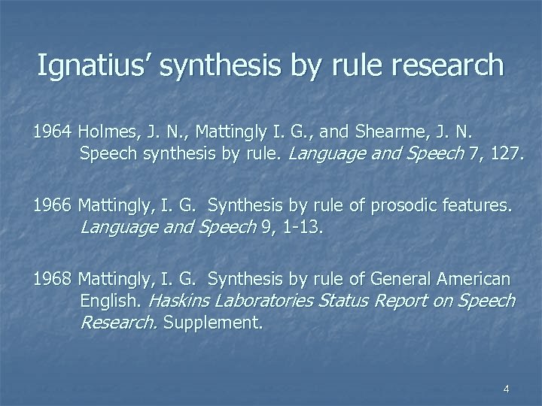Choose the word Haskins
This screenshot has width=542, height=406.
coord(181,301)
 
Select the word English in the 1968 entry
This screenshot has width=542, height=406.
coord(112,301)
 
